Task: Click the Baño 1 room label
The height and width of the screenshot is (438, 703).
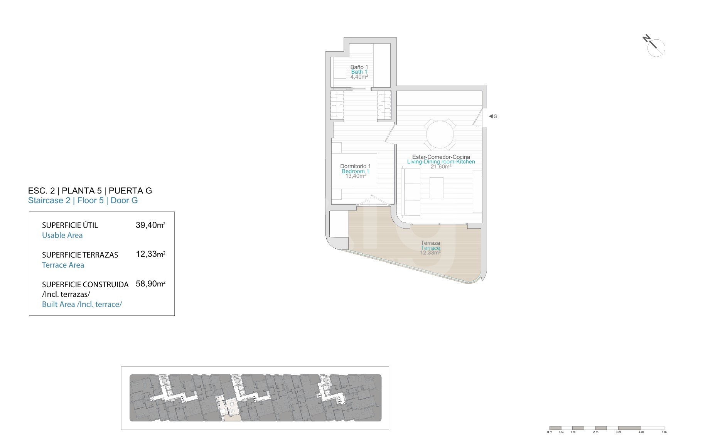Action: pos(359,67)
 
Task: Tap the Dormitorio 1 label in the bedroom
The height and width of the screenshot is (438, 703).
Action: pos(355,166)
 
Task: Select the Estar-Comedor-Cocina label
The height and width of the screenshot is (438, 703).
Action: pos(441,157)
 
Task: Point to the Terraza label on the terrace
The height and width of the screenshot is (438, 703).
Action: pos(430,243)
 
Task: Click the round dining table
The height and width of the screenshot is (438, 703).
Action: pos(440,135)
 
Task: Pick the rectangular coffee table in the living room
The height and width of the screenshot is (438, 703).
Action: pos(437,187)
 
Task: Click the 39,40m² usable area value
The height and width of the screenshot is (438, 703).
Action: pos(150,225)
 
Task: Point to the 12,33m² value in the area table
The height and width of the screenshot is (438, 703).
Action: pos(150,254)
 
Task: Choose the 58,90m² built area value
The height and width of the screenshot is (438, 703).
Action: pos(150,284)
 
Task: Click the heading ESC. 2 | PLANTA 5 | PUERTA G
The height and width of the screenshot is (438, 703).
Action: pos(90,190)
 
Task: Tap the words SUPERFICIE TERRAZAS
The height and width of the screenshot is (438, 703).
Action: pos(80,255)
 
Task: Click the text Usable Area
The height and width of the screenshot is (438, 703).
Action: pos(62,235)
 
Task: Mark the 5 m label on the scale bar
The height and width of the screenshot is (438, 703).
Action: pos(664,432)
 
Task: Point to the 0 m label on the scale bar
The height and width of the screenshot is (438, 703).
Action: pos(550,432)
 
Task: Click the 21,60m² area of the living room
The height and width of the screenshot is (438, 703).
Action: pos(441,167)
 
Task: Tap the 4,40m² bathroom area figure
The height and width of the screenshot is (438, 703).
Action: pos(359,77)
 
